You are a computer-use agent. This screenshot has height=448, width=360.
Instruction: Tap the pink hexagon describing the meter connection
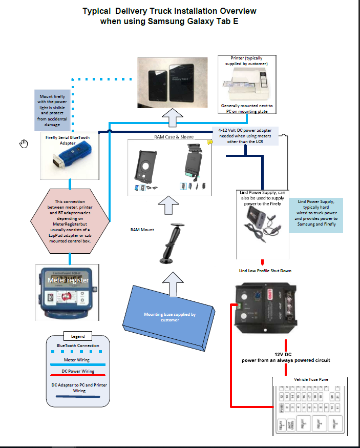click(70, 221)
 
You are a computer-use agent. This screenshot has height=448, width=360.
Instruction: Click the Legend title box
click(77, 337)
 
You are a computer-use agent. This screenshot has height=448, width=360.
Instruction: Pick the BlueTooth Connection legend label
click(78, 345)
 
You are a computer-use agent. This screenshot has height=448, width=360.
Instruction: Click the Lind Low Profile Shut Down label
click(265, 270)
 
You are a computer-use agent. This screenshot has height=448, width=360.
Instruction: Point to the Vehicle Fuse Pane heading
click(307, 379)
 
